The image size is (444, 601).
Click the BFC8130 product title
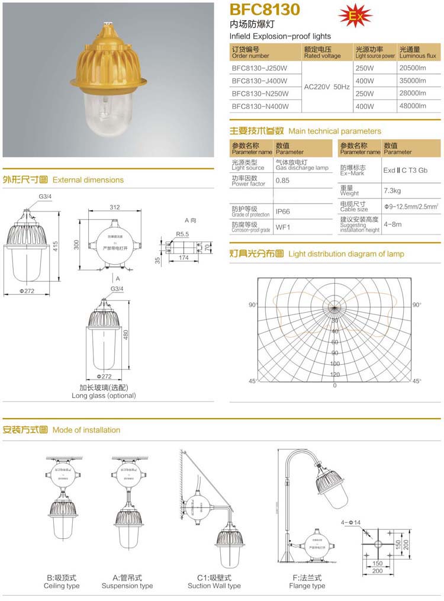coord(265,9)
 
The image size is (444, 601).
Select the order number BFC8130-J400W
coord(259,81)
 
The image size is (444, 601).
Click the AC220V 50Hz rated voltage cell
coord(327,87)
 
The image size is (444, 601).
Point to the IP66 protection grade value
coord(282,211)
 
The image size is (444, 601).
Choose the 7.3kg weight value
coord(392,191)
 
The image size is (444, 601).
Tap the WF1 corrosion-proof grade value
coord(282,227)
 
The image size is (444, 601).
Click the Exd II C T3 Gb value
coord(405,170)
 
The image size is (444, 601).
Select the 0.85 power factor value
coord(282,181)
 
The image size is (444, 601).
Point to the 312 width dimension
coord(114,207)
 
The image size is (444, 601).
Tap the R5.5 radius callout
coord(182,234)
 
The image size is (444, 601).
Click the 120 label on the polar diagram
coord(334,374)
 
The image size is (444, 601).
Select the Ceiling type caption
coord(62,586)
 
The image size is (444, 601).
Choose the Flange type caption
coord(307,586)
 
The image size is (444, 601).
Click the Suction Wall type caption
coord(214,586)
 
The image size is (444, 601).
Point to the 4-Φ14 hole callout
coord(351,522)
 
